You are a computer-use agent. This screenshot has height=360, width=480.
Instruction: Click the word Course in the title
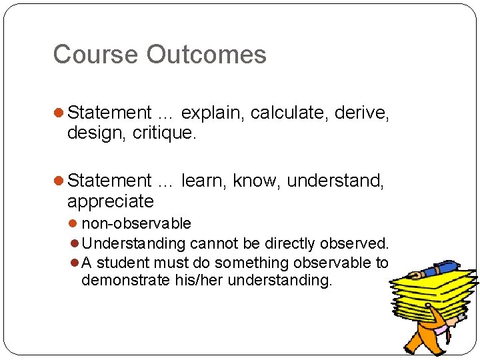(87, 55)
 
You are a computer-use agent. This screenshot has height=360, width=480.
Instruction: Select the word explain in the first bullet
(213, 113)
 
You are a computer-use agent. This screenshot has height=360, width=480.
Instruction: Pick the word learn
(203, 181)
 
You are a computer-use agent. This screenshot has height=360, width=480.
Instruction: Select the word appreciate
(110, 201)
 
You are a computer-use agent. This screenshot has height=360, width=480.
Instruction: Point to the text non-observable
(136, 223)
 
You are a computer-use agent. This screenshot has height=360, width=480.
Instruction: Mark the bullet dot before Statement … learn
(59, 181)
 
